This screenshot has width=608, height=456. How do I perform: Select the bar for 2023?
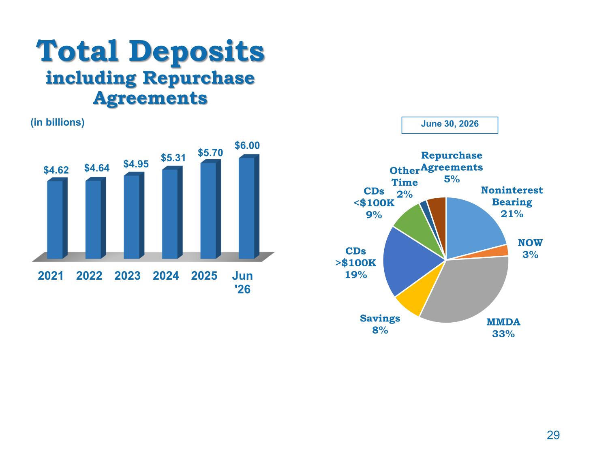134,215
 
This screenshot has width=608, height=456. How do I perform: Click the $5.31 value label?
173,158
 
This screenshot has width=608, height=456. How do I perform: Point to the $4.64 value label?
96,168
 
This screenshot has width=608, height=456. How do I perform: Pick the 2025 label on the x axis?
204,276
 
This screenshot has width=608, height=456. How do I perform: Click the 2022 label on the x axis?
89,276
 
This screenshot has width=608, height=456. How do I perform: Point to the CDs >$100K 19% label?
355,263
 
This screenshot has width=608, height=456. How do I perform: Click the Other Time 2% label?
405,182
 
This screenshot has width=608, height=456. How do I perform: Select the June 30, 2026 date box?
450,125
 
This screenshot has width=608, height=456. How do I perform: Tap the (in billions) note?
57,122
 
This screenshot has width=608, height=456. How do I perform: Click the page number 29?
553,435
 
